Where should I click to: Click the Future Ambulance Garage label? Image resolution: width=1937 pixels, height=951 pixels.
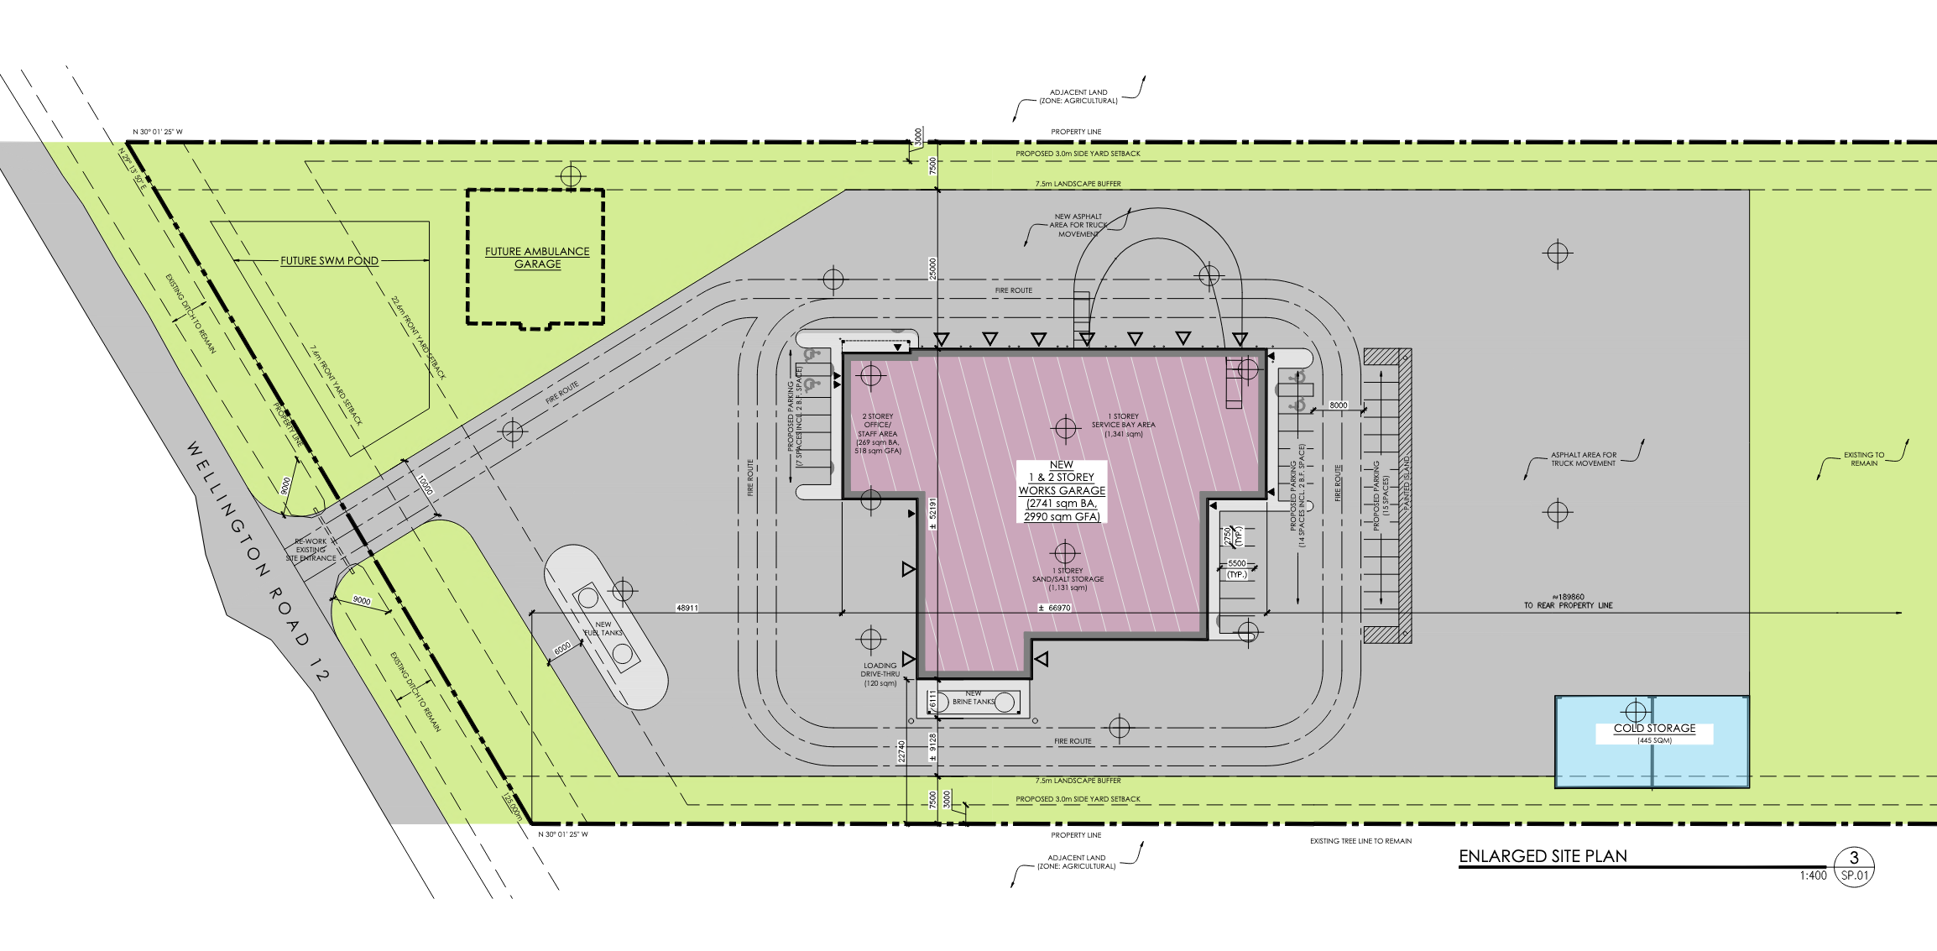537,258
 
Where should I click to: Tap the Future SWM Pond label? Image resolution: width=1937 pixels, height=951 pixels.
329,261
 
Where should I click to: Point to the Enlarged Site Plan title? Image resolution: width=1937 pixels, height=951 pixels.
1543,856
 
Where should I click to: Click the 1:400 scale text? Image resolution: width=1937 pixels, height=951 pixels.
1812,875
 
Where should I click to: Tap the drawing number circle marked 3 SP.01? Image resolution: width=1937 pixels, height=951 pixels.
1854,865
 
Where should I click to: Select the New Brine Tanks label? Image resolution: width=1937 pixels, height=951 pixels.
974,698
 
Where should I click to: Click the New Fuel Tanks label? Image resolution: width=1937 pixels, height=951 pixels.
603,629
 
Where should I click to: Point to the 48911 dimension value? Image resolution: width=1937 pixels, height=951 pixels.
687,608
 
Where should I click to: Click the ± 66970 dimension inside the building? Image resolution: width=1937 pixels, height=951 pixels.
1055,608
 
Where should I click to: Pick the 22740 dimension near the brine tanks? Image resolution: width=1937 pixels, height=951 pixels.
901,750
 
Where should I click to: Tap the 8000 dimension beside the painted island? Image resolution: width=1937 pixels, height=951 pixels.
1338,405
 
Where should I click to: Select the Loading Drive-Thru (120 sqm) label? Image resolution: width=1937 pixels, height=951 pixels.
880,674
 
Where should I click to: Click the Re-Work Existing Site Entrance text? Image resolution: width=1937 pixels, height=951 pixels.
311,550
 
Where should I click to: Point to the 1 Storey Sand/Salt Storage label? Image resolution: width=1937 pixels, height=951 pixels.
1068,579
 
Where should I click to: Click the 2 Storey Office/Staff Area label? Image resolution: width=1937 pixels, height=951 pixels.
878,433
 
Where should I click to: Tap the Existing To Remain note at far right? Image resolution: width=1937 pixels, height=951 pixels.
1863,459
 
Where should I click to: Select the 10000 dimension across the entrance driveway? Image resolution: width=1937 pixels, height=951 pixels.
425,484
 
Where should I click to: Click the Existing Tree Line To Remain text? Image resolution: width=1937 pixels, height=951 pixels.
1360,841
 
